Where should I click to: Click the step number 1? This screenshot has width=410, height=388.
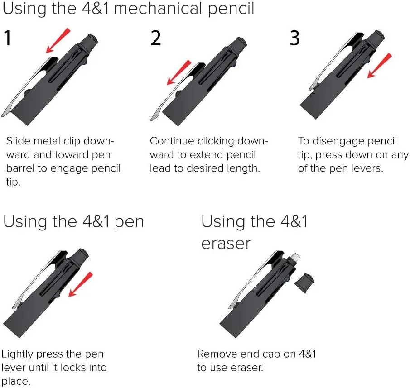click(8, 38)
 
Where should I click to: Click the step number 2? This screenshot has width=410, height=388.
click(155, 38)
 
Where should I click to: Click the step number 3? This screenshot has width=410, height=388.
click(294, 38)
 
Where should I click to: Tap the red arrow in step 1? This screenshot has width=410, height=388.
click(58, 40)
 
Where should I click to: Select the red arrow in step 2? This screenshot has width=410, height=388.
click(179, 72)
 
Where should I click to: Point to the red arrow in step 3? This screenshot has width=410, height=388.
click(379, 66)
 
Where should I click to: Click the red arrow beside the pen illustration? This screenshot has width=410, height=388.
click(81, 284)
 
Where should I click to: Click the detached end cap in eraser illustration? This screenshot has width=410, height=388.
click(304, 283)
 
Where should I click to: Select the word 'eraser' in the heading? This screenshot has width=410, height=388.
click(226, 244)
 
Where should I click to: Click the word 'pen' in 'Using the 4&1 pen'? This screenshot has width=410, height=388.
click(129, 223)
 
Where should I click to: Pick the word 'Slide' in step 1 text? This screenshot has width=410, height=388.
click(18, 141)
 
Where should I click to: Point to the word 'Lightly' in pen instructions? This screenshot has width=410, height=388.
click(17, 354)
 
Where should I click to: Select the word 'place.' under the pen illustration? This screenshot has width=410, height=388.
click(16, 382)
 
